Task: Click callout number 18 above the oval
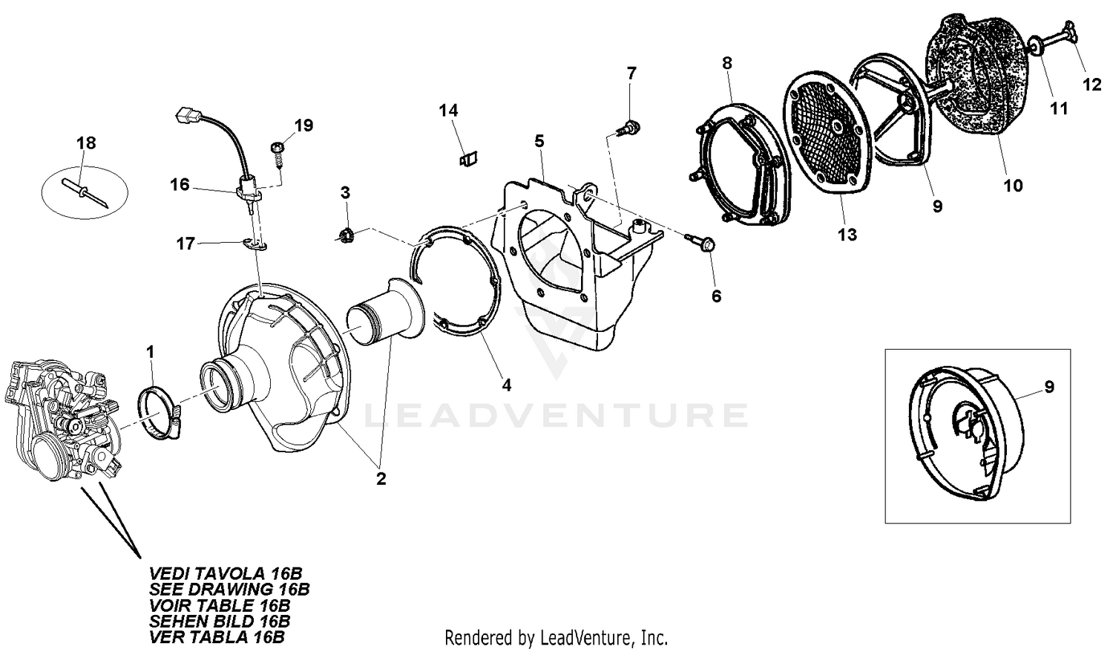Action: point(86,143)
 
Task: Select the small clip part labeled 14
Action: point(467,160)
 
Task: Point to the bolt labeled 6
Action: point(702,243)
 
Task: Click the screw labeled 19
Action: point(277,155)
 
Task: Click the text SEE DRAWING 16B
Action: point(229,590)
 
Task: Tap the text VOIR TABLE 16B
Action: point(220,605)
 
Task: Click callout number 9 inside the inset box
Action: point(1049,386)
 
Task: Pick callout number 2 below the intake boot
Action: point(381,479)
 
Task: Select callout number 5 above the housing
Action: point(539,141)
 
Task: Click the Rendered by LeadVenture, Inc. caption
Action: point(556,637)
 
